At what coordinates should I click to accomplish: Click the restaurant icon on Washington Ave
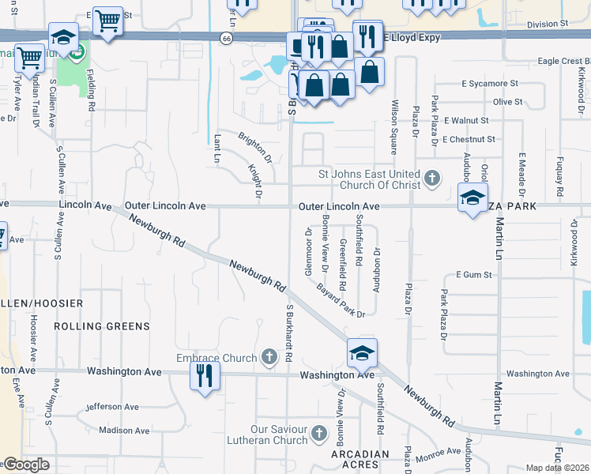205,374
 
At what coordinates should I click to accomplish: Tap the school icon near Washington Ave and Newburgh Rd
362,352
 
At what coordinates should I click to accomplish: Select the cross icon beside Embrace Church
269,357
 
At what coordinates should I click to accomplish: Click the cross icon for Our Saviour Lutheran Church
318,433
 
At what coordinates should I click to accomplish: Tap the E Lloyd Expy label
412,36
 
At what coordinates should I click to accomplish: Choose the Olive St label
507,102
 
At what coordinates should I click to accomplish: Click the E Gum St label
473,275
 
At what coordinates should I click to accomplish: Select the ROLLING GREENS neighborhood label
101,325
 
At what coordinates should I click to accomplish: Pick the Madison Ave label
124,431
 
